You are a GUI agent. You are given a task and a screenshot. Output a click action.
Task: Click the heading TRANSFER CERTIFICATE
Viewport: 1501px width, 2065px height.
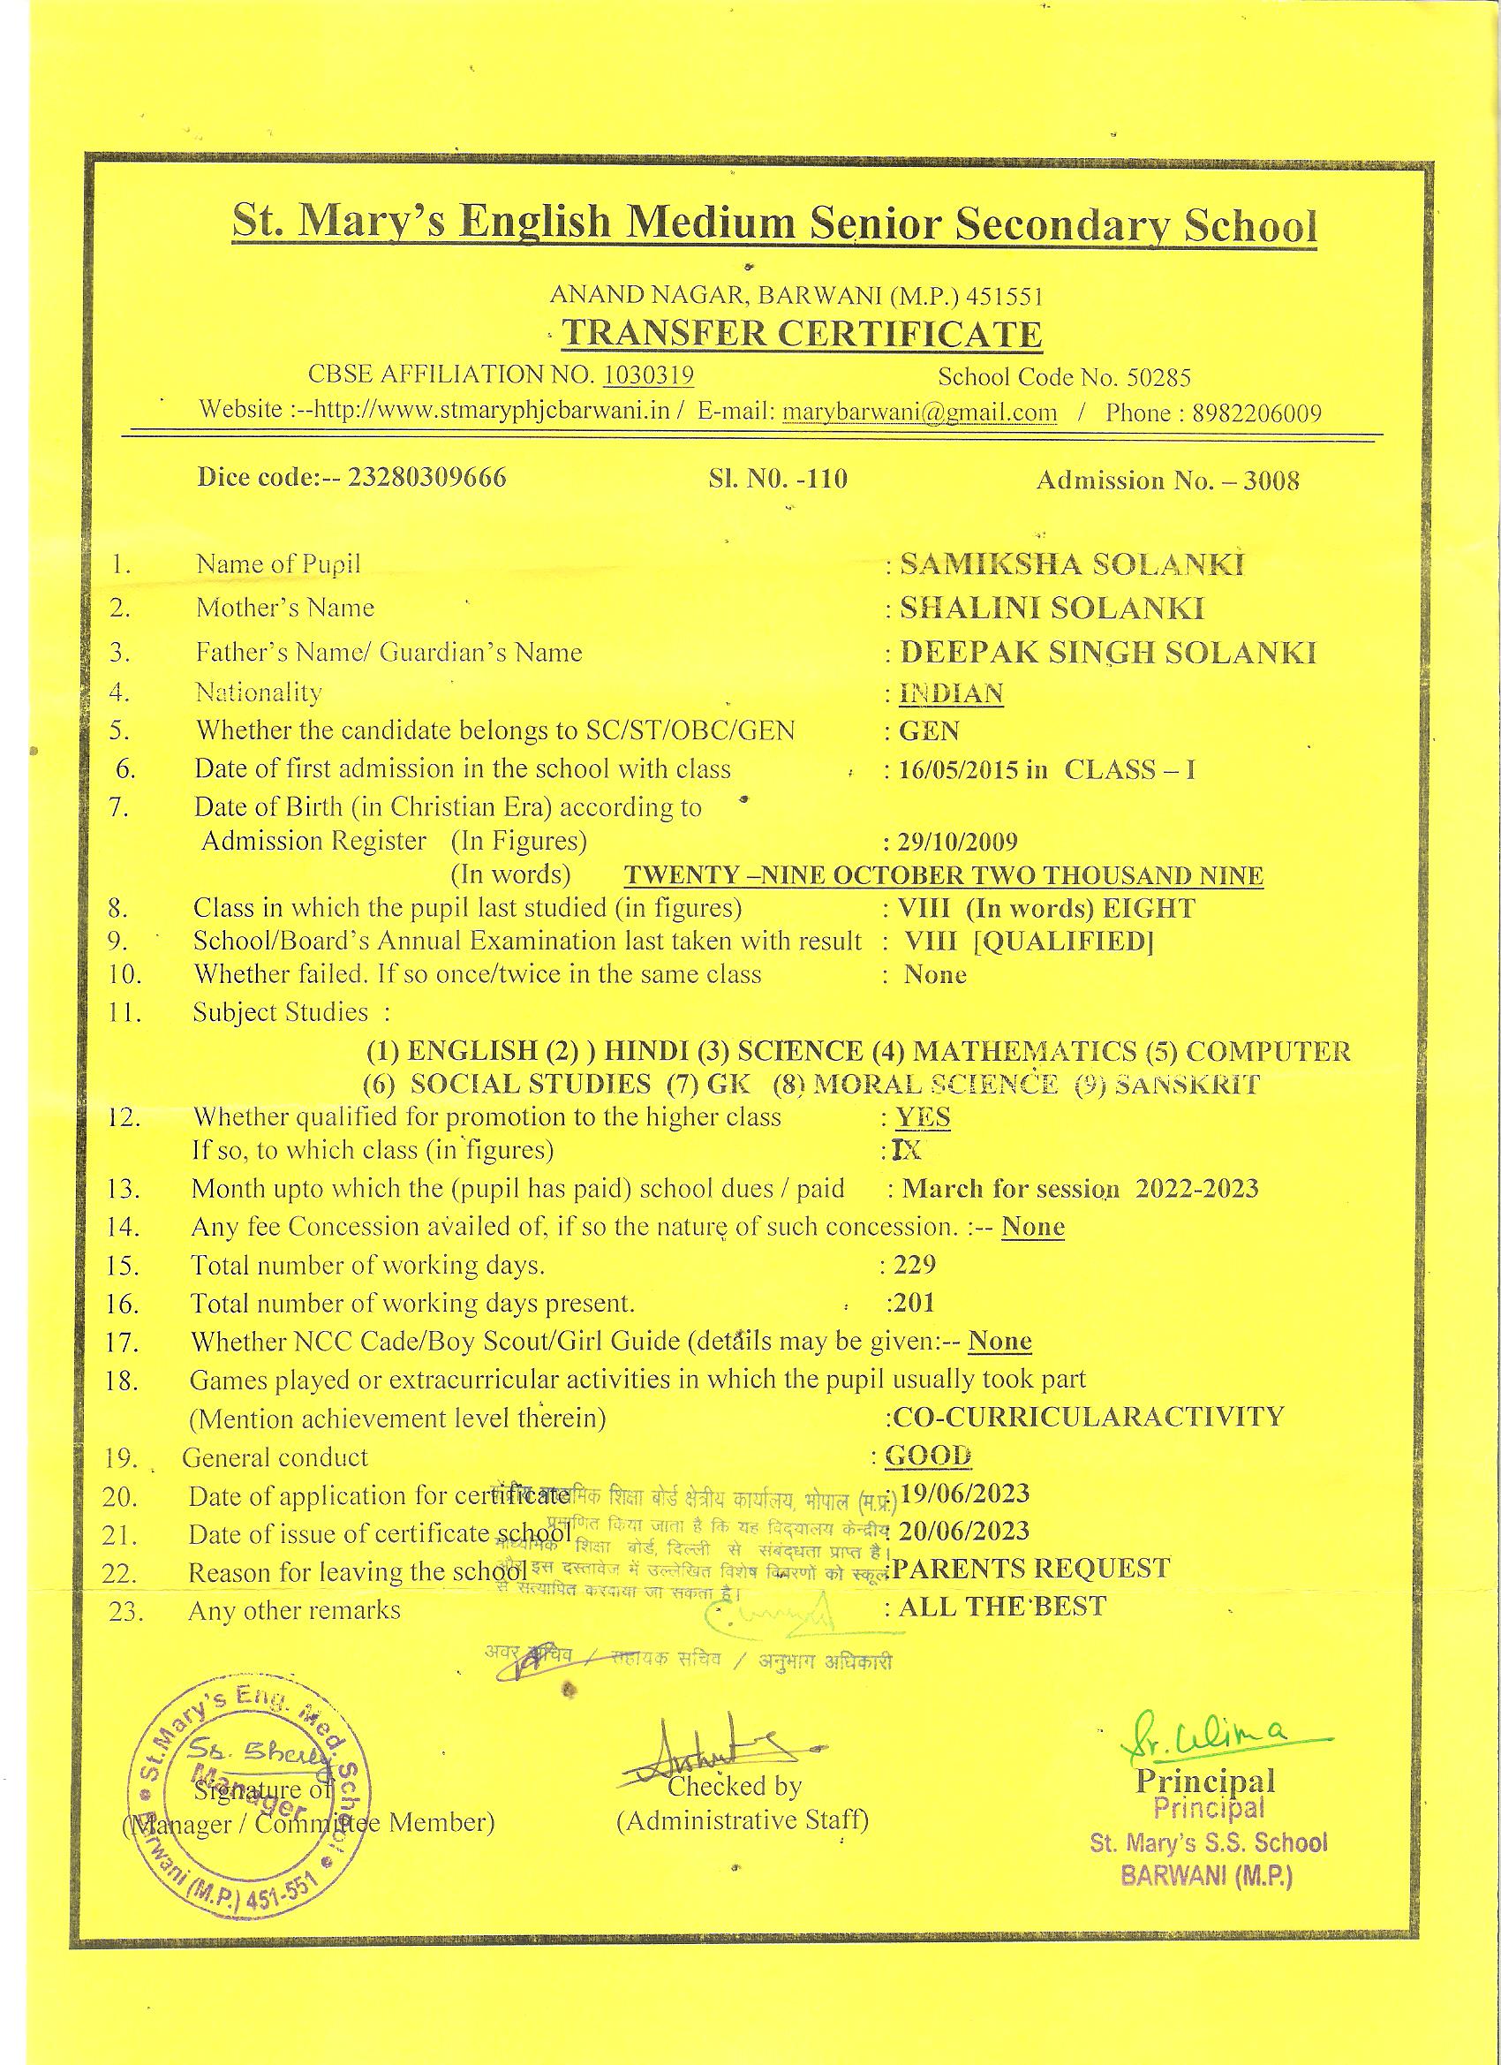801,334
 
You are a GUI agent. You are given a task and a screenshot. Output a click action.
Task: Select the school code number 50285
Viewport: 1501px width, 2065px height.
1158,377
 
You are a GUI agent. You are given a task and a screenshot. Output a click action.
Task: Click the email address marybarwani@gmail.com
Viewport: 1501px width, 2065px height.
919,412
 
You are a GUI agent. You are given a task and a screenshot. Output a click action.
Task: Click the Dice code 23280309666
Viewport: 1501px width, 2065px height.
428,478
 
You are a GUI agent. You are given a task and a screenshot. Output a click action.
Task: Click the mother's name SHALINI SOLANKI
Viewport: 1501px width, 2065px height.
1052,609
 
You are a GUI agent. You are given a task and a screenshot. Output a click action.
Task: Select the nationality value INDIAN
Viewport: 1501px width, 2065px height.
951,694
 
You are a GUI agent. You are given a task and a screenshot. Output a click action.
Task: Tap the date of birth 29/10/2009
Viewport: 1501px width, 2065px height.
958,842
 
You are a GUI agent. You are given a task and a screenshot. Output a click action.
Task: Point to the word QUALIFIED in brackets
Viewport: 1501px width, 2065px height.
1064,942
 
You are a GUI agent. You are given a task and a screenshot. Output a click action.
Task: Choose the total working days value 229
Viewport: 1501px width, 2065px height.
914,1265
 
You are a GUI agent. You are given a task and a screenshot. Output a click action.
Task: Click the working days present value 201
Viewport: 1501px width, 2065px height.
914,1303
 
